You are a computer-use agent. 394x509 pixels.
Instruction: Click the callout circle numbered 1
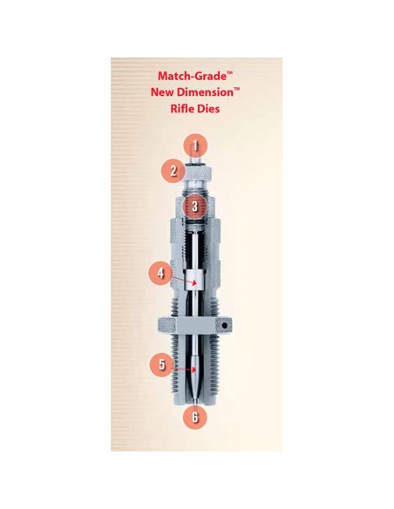pos(196,146)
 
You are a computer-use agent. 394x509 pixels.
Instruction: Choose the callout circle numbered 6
pos(196,416)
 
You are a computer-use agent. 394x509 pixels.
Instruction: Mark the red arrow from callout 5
pos(184,369)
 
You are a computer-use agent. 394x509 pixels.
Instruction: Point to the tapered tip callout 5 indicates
pos(196,373)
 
